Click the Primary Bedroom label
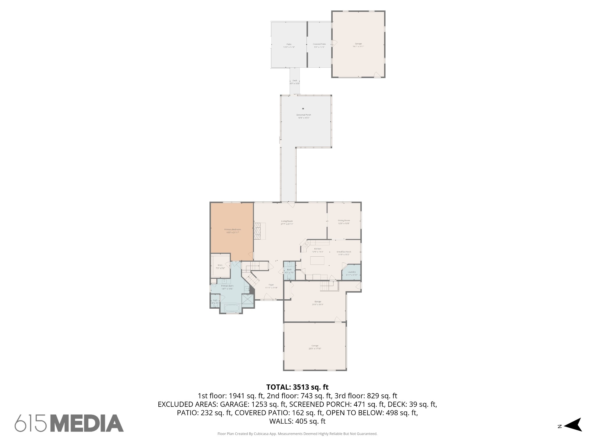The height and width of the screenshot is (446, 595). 232,229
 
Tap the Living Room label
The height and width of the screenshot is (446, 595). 287,221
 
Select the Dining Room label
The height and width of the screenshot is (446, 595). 344,220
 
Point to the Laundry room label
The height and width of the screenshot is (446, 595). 352,272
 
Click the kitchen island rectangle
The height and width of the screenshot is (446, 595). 317,261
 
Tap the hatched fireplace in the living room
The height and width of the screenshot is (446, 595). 260,231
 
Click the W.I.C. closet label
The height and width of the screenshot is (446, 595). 220,265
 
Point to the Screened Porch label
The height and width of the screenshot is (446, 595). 303,115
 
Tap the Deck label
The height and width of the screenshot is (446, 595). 295,80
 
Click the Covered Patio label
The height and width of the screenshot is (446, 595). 319,44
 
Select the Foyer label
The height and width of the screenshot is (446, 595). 271,285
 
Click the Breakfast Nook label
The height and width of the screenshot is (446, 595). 344,252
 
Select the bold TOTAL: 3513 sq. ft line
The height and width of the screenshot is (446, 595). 297,387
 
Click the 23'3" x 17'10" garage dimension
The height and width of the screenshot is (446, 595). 315,349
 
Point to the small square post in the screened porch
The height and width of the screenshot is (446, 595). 303,109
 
